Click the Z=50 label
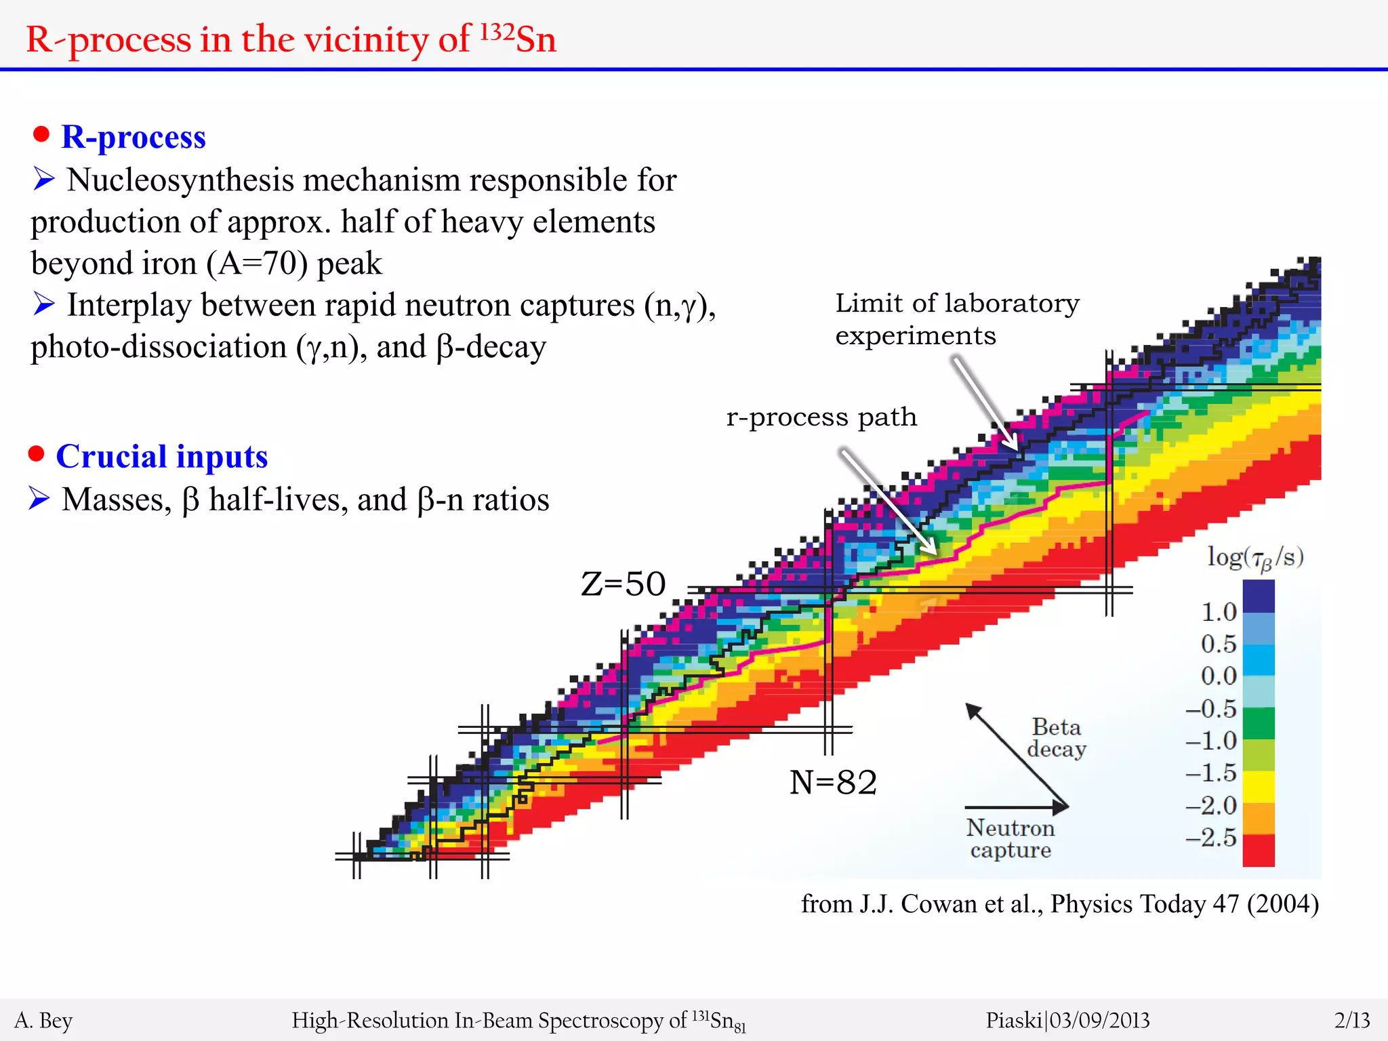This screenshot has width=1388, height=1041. (623, 584)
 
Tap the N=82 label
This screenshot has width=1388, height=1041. (833, 782)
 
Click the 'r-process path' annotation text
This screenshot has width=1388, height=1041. (821, 417)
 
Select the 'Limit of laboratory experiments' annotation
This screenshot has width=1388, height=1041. (956, 319)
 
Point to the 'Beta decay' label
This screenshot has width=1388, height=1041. (1056, 737)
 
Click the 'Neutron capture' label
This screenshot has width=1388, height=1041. (1010, 838)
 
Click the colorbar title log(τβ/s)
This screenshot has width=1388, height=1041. (1255, 558)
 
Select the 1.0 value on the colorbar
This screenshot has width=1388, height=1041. (1219, 612)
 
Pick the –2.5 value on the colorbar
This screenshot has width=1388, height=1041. (1212, 838)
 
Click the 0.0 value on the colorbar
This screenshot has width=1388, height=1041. (1219, 676)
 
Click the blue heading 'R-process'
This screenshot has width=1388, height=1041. (134, 137)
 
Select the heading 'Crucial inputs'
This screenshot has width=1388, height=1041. (162, 456)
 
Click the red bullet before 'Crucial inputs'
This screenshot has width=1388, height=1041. (37, 454)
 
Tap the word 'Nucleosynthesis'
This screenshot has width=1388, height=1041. (180, 180)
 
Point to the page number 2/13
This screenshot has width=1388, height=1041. (1352, 1020)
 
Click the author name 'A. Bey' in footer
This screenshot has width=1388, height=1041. (43, 1020)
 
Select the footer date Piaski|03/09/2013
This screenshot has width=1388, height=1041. (1067, 1020)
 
